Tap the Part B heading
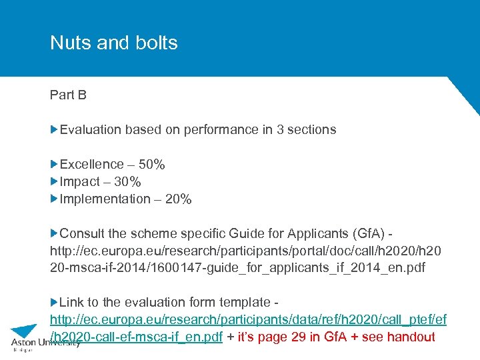tap(68, 95)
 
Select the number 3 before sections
tap(281, 129)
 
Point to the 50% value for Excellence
tap(151, 164)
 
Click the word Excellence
tap(92, 164)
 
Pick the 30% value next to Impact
tap(127, 181)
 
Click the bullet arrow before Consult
tap(54, 233)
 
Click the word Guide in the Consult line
tap(267, 233)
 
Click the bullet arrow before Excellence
tap(54, 164)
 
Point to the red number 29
tap(298, 337)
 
